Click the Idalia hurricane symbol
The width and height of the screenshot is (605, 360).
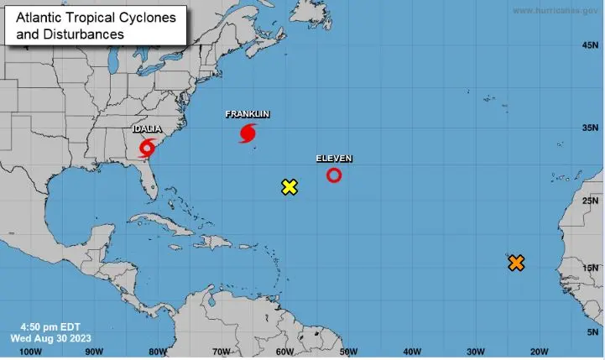[x=147, y=149]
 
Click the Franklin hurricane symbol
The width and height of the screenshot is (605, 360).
[x=248, y=133]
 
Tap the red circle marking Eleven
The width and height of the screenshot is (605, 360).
[x=334, y=175]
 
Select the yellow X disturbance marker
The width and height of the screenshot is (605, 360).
[x=289, y=187]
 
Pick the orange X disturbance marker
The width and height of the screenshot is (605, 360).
[x=516, y=263]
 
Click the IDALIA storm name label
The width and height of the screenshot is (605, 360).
[x=148, y=128]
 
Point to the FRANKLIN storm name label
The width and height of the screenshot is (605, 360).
[x=248, y=114]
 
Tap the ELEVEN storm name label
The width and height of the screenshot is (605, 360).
[x=334, y=159]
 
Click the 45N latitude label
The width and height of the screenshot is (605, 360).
[x=589, y=44]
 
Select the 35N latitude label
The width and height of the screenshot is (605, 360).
[x=589, y=128]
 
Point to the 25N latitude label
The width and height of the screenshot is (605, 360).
[x=589, y=201]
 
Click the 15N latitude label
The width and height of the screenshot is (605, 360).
[x=589, y=268]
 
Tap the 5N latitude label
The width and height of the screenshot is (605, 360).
[x=591, y=332]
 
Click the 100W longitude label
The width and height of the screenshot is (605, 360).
[x=30, y=352]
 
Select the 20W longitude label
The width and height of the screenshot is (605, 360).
[x=540, y=352]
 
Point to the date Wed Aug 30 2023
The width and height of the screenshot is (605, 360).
[x=51, y=337]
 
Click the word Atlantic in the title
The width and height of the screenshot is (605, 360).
[x=38, y=17]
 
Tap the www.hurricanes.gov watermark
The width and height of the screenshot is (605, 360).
[x=555, y=10]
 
